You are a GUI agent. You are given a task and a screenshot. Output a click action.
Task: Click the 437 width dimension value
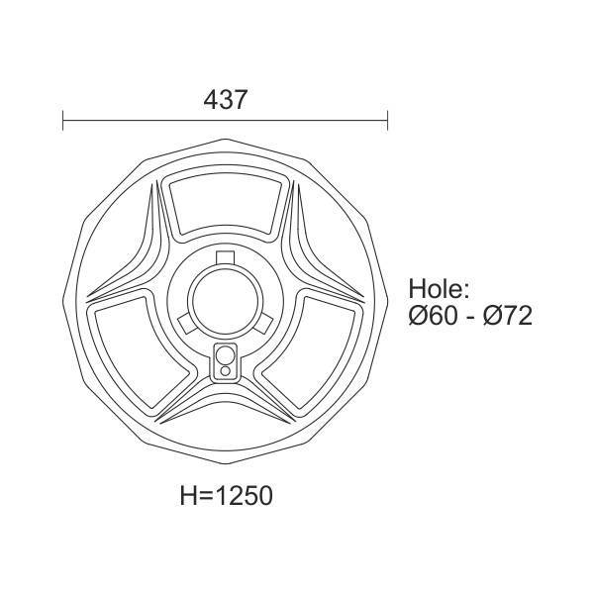point(225,99)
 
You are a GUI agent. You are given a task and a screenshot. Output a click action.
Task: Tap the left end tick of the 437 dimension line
point(63,121)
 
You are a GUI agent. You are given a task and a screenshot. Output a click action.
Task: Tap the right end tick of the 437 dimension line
point(387,121)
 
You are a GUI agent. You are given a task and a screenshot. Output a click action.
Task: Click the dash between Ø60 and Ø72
point(471,317)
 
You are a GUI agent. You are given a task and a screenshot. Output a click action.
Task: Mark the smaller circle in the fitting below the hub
point(225,371)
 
